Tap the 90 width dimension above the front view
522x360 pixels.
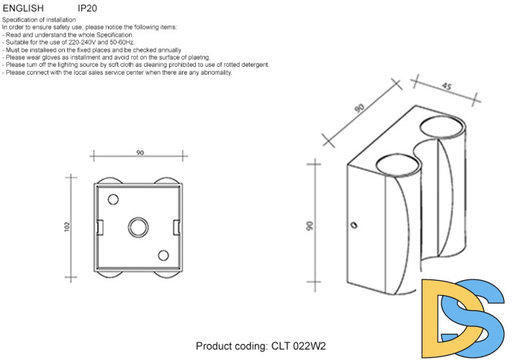pos(140,153)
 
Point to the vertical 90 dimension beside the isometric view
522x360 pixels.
pos(310,225)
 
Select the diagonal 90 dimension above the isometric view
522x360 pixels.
pos(359,108)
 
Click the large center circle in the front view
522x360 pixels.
pos(138,226)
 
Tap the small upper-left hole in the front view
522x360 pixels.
pos(113,199)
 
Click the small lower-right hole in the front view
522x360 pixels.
pos(163,255)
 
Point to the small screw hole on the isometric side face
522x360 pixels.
pos(354,225)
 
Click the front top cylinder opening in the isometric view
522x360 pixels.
pos(397,163)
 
